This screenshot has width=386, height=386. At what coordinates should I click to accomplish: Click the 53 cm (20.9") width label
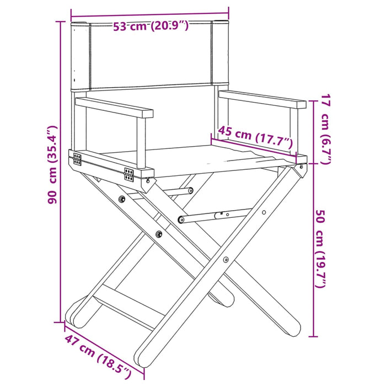tap(151, 25)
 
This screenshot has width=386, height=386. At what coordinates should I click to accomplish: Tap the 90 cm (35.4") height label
tap(52, 165)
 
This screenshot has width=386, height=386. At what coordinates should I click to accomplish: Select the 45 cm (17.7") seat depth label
tap(255, 137)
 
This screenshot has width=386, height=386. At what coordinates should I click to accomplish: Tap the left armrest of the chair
tap(114, 107)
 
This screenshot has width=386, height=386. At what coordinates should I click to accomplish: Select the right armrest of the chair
tap(262, 98)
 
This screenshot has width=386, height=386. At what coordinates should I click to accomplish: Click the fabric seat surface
tap(199, 155)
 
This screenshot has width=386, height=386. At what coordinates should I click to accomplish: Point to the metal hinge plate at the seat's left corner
tap(77, 160)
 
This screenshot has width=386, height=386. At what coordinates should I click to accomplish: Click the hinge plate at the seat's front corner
tap(129, 175)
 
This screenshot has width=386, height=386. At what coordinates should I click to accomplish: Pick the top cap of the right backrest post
tap(221, 23)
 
